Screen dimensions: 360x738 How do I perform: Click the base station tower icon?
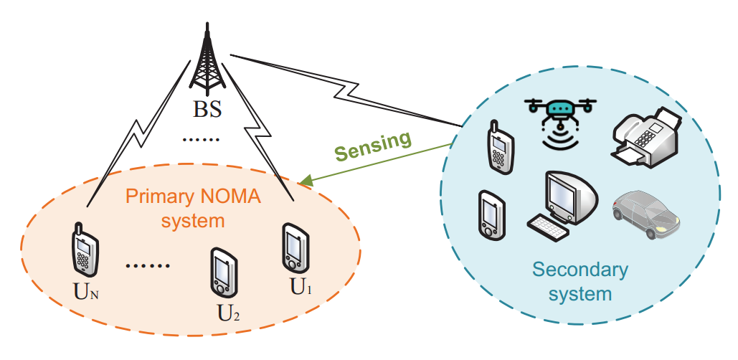coord(207,61)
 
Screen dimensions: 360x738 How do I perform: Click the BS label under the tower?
coord(208,110)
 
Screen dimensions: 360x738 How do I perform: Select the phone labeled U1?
coord(295,247)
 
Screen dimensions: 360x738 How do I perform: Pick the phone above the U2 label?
coord(222,273)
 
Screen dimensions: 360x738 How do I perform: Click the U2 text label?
coord(229,313)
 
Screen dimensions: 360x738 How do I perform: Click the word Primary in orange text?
coord(153,196)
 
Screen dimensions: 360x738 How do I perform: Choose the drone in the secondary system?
coord(560,118)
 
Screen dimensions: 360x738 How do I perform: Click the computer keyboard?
coord(548,228)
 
